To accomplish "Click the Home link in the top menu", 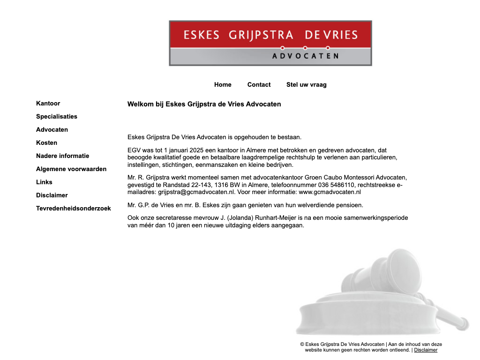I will click(223, 85).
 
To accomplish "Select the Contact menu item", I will click(259, 85).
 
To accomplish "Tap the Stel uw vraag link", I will click(306, 85).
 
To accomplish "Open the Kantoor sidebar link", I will click(48, 104).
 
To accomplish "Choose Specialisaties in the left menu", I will click(57, 117).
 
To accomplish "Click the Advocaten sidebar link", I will click(52, 130).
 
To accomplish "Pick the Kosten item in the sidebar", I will click(47, 143).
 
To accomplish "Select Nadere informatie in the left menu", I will click(62, 156).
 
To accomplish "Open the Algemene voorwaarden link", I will click(71, 169).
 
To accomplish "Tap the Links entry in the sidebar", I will click(44, 182).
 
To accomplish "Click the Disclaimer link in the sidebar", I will click(52, 195).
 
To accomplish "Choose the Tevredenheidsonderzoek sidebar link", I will click(74, 209).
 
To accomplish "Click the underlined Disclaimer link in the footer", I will click(426, 350).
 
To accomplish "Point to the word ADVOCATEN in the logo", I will click(305, 56).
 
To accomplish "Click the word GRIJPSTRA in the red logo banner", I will click(261, 35).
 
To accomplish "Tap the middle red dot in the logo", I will click(305, 48).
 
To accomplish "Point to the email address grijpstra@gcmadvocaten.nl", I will click(196, 192).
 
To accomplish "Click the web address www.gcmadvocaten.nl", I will click(330, 192).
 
